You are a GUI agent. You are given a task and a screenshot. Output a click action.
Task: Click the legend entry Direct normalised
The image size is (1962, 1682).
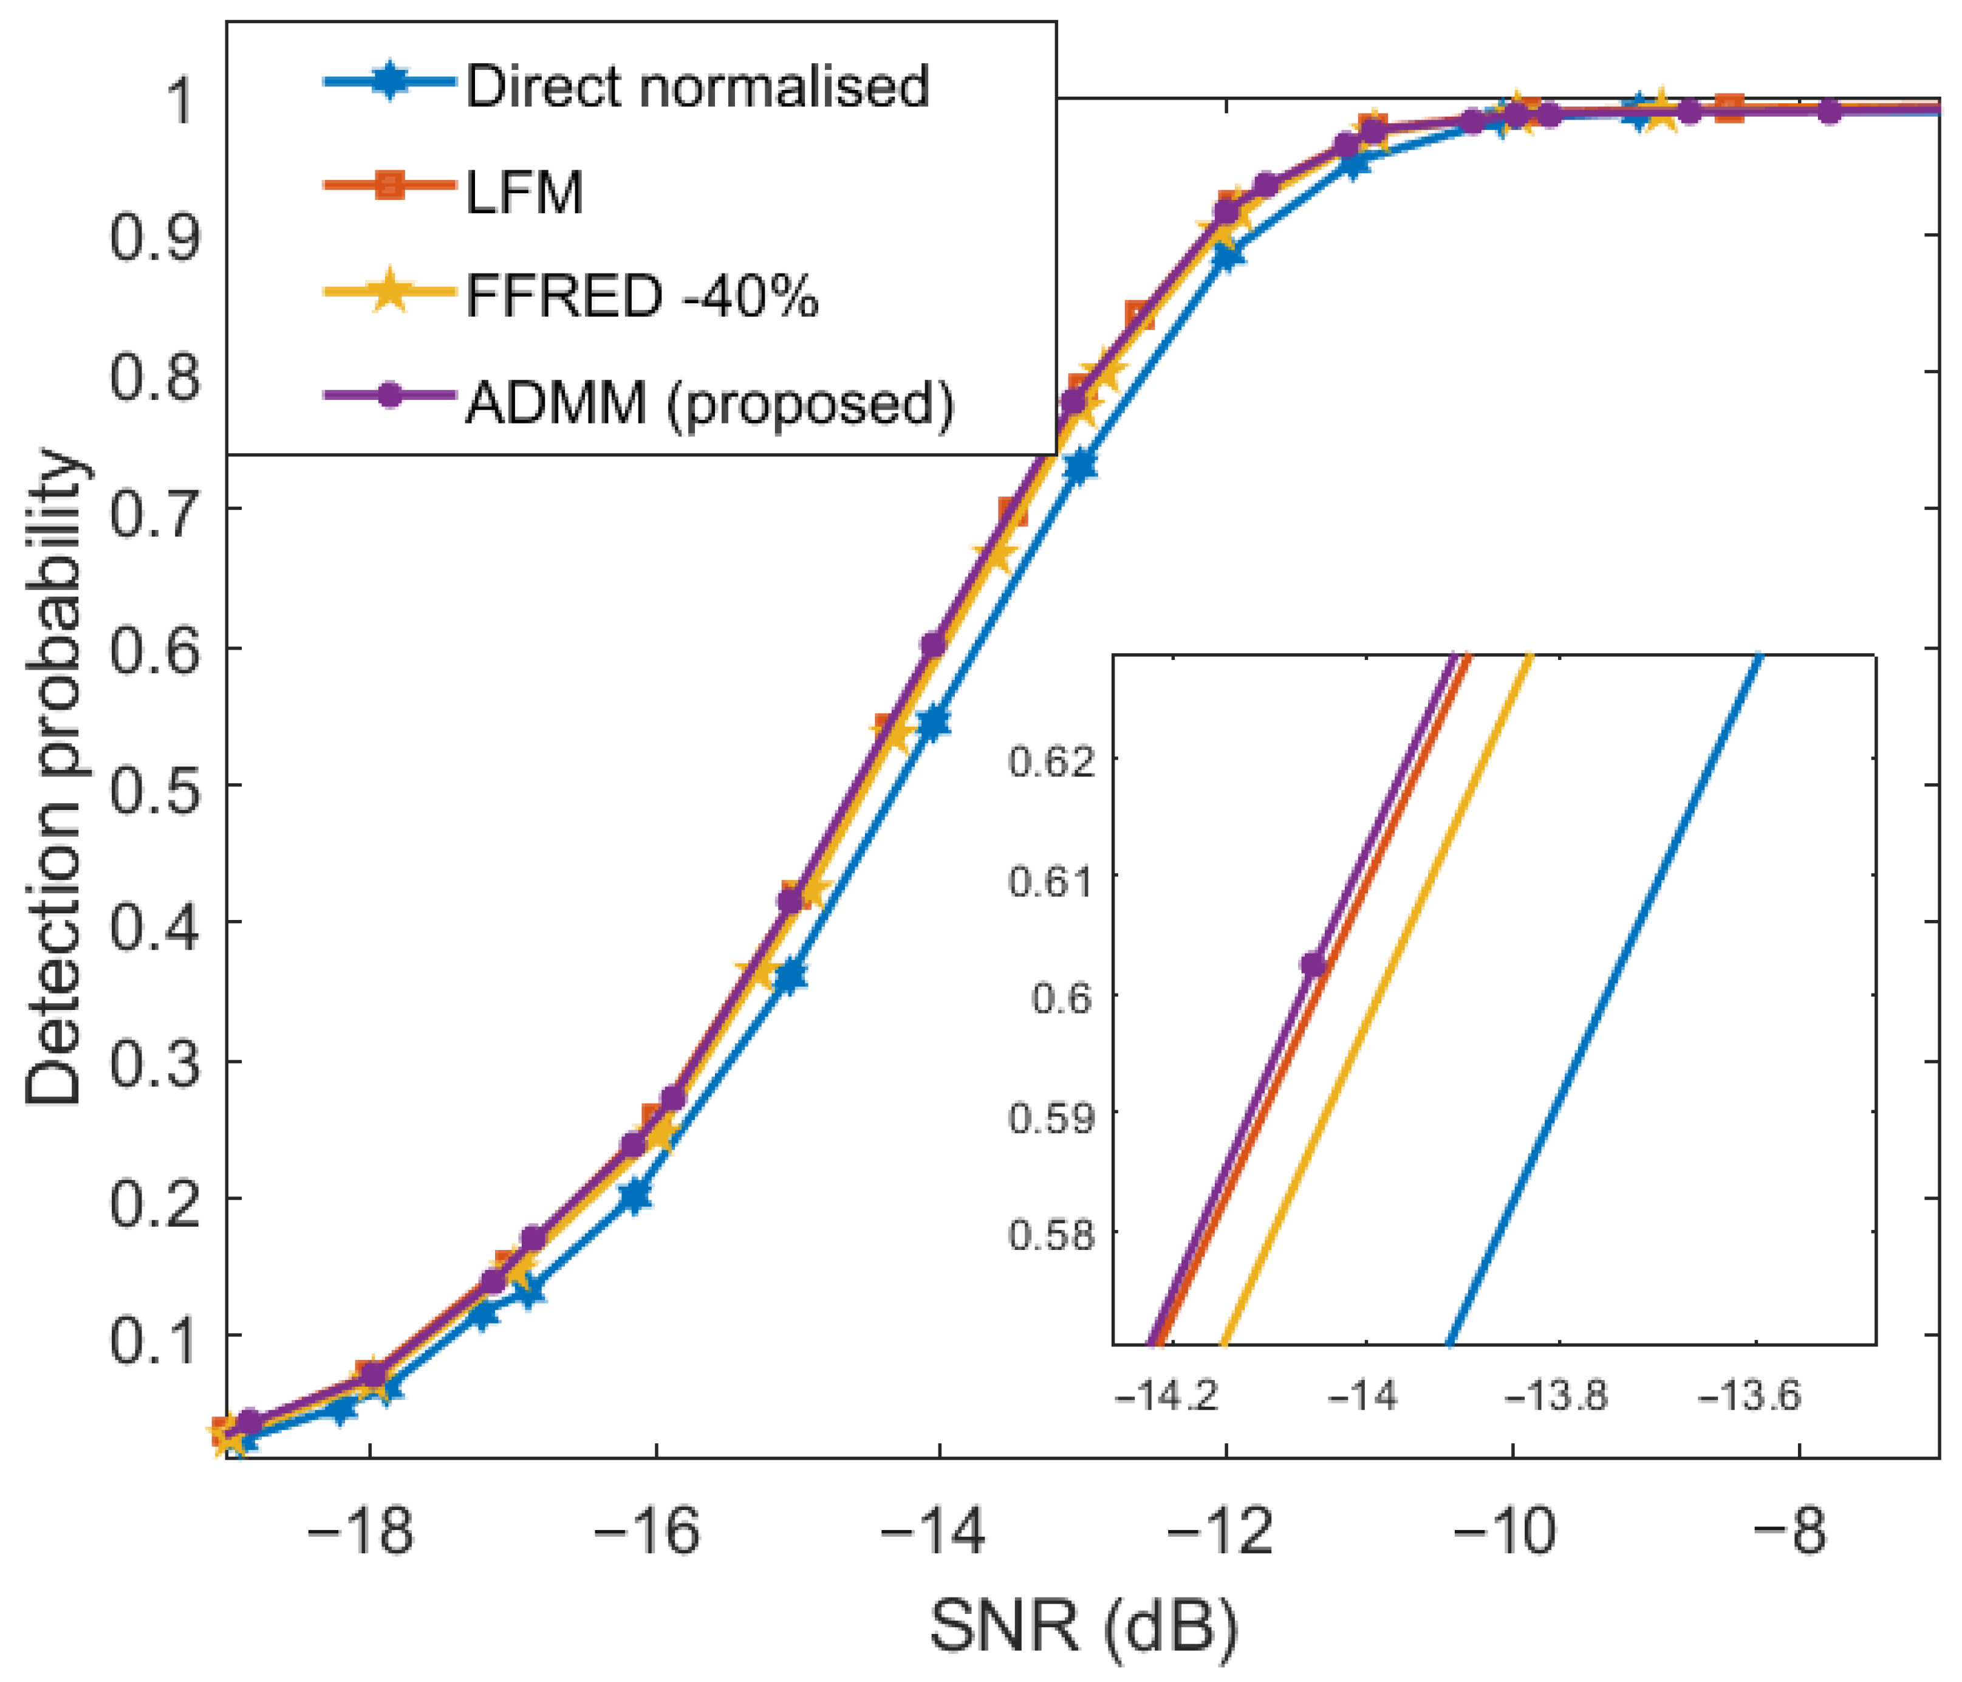(697, 87)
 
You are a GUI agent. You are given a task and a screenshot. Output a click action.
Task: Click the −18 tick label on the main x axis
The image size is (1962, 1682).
(361, 1531)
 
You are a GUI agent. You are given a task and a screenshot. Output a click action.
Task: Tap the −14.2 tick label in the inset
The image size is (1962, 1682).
(1167, 1396)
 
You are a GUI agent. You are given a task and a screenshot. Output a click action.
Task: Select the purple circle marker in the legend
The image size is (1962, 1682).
(388, 396)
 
